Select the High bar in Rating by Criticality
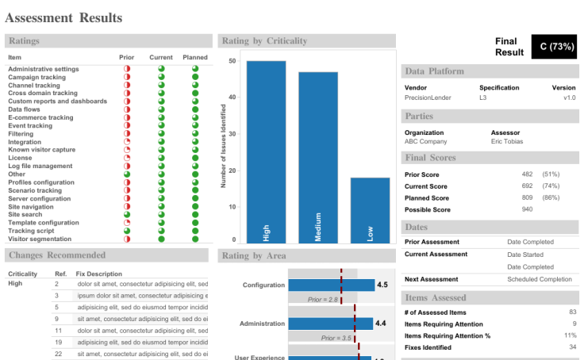[266, 151]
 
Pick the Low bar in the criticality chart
[370, 209]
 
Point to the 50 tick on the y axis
[232, 61]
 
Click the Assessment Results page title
[64, 17]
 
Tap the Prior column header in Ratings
[126, 57]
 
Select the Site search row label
[25, 214]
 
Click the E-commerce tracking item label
[40, 117]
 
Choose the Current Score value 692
[527, 186]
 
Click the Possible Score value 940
[527, 209]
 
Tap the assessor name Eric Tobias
[507, 142]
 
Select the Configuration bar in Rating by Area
[331, 285]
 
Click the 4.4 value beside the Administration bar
[381, 324]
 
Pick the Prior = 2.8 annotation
[323, 300]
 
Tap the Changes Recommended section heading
[56, 255]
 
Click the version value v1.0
[569, 98]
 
